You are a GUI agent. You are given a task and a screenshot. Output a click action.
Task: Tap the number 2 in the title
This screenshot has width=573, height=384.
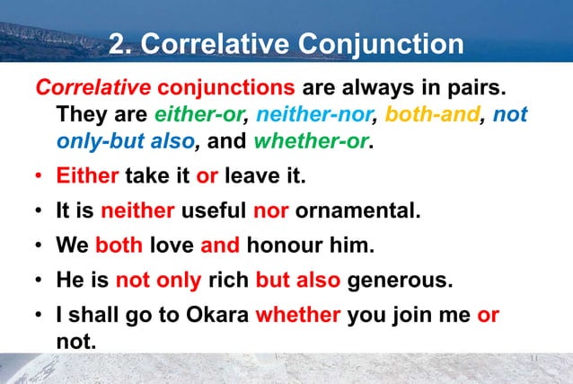[115, 43]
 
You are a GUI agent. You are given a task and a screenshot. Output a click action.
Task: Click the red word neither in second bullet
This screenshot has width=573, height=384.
[138, 211]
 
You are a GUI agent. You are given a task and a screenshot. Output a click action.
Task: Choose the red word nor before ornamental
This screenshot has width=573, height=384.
[269, 211]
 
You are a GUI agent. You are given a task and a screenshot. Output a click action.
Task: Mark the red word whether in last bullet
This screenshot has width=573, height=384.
[297, 315]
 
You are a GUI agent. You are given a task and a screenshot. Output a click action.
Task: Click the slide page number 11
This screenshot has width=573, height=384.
[533, 358]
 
